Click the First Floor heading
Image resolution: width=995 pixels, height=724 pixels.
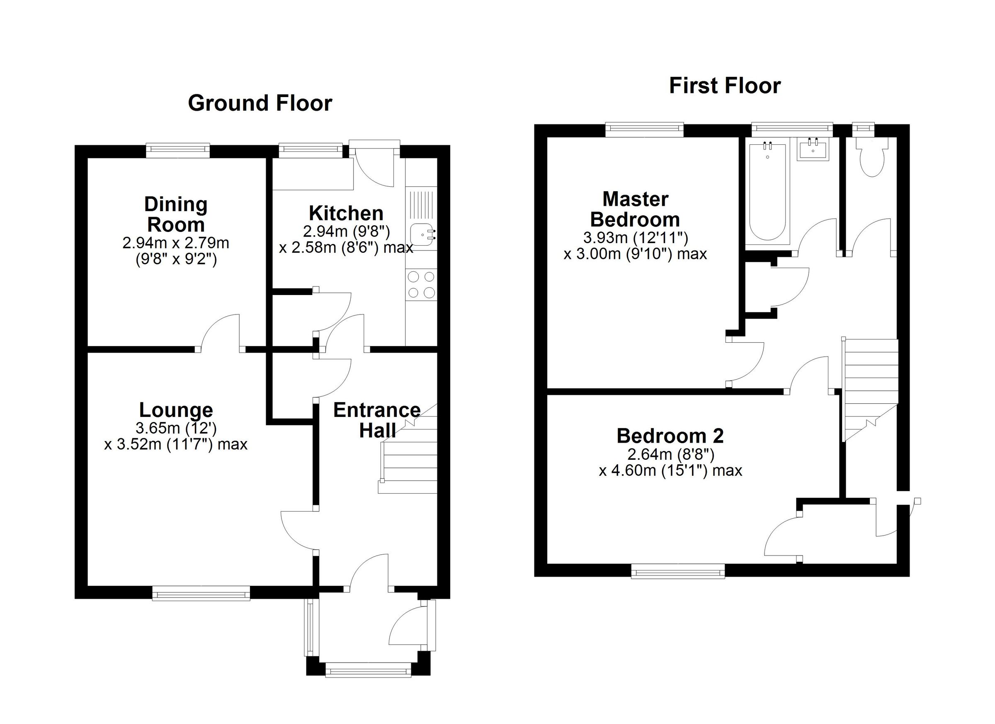[x=725, y=85]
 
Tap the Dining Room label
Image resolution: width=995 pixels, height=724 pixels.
[x=176, y=214]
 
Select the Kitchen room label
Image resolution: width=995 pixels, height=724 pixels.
[x=346, y=213]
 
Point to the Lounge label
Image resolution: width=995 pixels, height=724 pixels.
[x=176, y=410]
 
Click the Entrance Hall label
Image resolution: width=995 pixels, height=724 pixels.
[x=377, y=420]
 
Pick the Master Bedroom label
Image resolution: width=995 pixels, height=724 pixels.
[x=635, y=209]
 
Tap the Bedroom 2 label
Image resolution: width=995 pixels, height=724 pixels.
[x=670, y=436]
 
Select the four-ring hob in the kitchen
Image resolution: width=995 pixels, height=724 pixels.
[x=422, y=285]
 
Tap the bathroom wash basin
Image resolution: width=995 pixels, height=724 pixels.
[x=813, y=149]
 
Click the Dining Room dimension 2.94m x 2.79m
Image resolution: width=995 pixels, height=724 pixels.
[x=176, y=243]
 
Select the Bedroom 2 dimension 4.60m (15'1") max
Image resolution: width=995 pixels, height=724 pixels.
[x=670, y=470]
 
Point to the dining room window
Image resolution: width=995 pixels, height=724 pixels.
[x=178, y=151]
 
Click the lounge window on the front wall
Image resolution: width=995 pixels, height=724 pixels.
[x=201, y=595]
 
